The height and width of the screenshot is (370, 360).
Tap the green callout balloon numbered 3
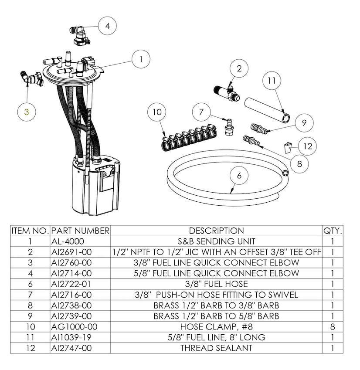pyautogui.click(x=27, y=112)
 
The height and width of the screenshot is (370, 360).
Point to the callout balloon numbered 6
pyautogui.click(x=239, y=176)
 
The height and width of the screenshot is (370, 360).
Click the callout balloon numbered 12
pyautogui.click(x=308, y=146)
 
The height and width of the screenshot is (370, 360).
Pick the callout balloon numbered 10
pyautogui.click(x=157, y=112)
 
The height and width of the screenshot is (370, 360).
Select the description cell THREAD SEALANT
pyautogui.click(x=216, y=348)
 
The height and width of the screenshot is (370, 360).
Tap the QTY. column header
pyautogui.click(x=333, y=231)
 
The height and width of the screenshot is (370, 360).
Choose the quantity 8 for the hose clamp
pyautogui.click(x=333, y=326)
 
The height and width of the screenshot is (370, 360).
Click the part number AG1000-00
pyautogui.click(x=71, y=326)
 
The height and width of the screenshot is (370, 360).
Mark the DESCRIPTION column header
pyautogui.click(x=216, y=231)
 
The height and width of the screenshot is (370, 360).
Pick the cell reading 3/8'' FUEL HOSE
pyautogui.click(x=216, y=284)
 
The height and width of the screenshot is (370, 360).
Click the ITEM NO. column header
pyautogui.click(x=30, y=231)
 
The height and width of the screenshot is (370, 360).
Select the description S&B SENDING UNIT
pyautogui.click(x=216, y=241)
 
